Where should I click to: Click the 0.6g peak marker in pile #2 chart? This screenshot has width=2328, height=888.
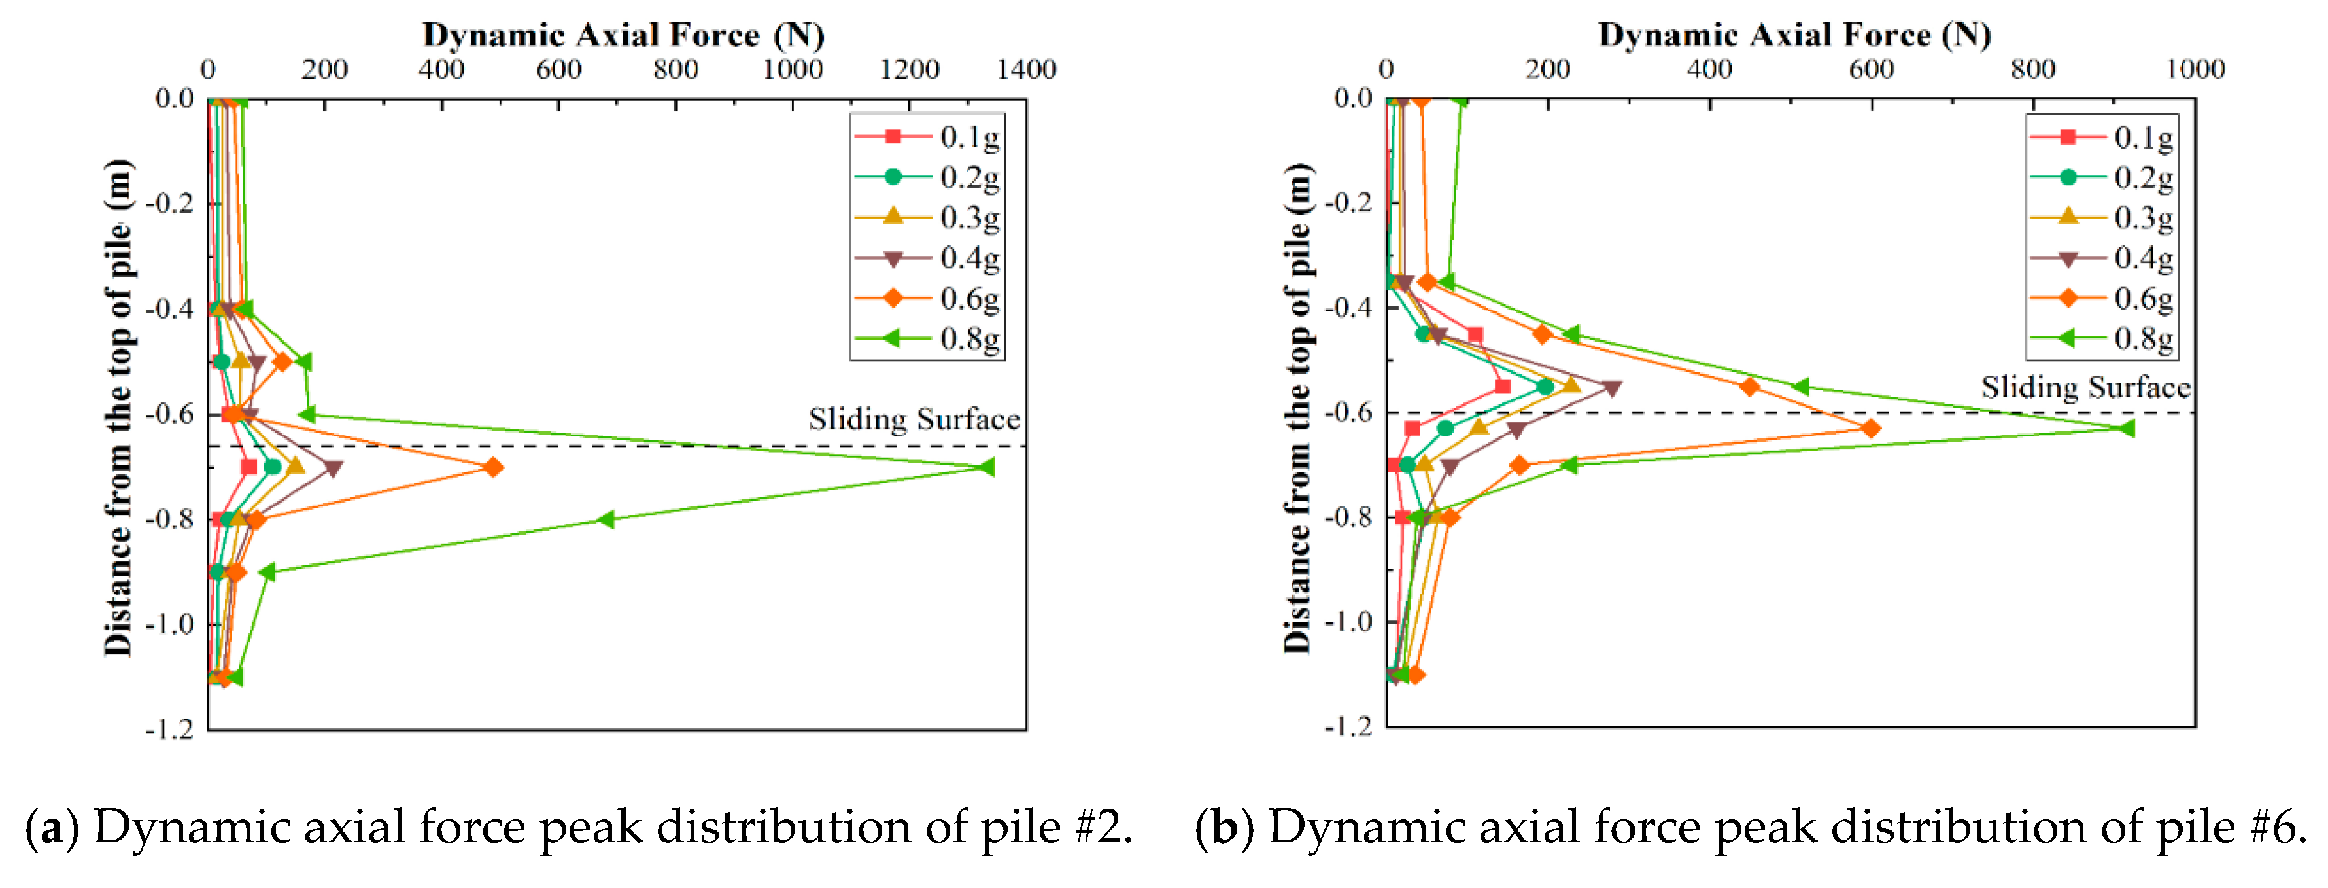pyautogui.click(x=492, y=467)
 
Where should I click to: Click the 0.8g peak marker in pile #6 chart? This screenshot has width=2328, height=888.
pyautogui.click(x=2127, y=429)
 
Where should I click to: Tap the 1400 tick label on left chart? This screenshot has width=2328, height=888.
pyautogui.click(x=1026, y=69)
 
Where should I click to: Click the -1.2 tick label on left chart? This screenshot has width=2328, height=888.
pyautogui.click(x=170, y=729)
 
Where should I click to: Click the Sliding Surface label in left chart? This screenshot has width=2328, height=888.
pyautogui.click(x=914, y=419)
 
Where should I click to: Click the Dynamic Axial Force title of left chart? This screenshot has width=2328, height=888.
pyautogui.click(x=624, y=35)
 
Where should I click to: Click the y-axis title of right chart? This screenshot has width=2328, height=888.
pyautogui.click(x=1298, y=407)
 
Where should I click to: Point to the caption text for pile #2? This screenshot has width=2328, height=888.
pyautogui.click(x=578, y=827)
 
